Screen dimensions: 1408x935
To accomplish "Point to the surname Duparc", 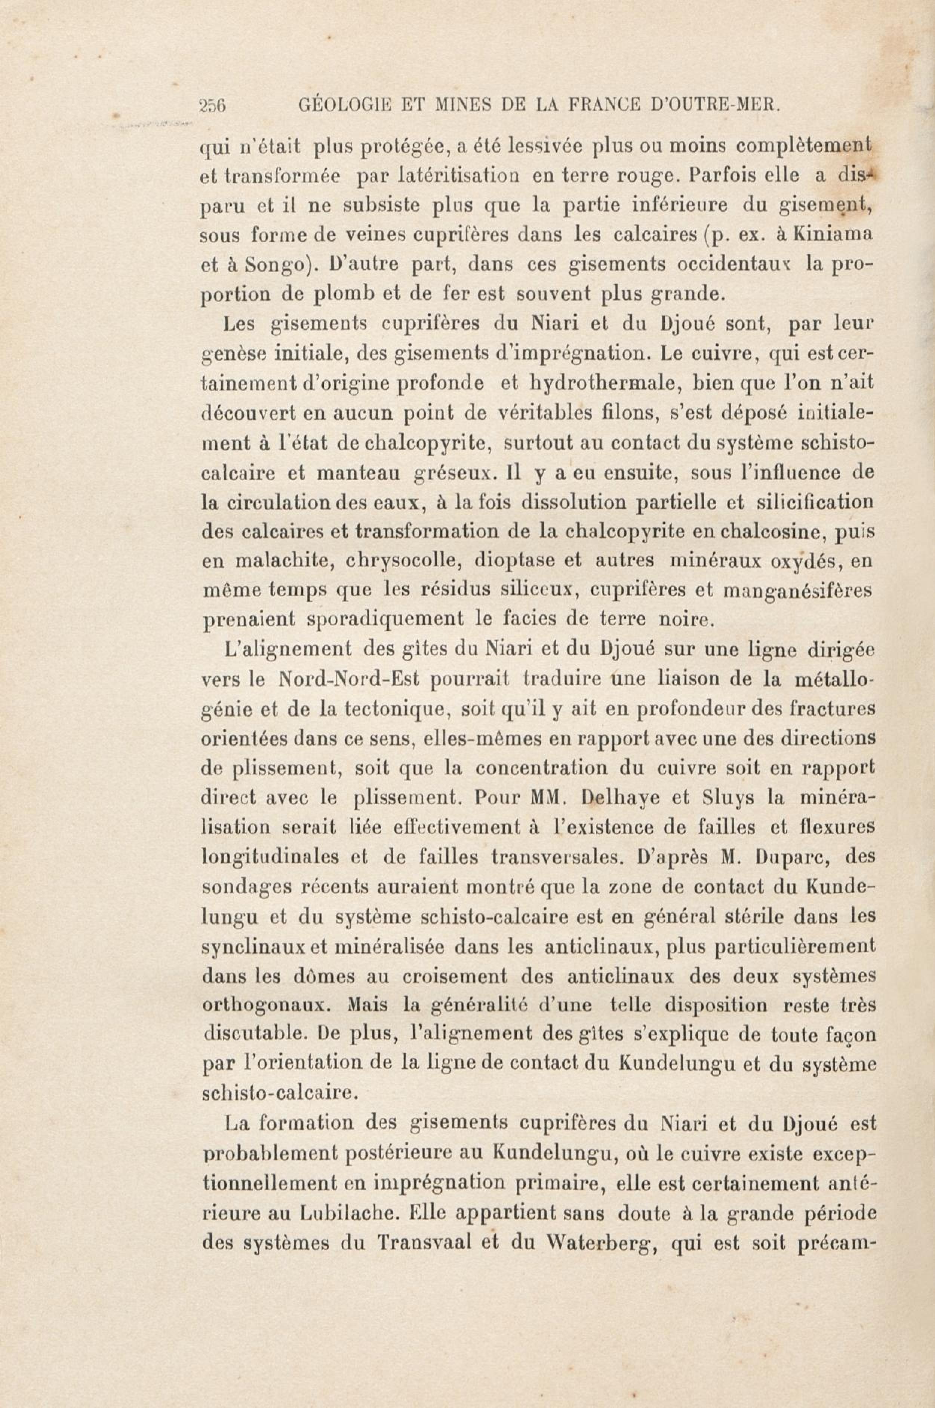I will (781, 857).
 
